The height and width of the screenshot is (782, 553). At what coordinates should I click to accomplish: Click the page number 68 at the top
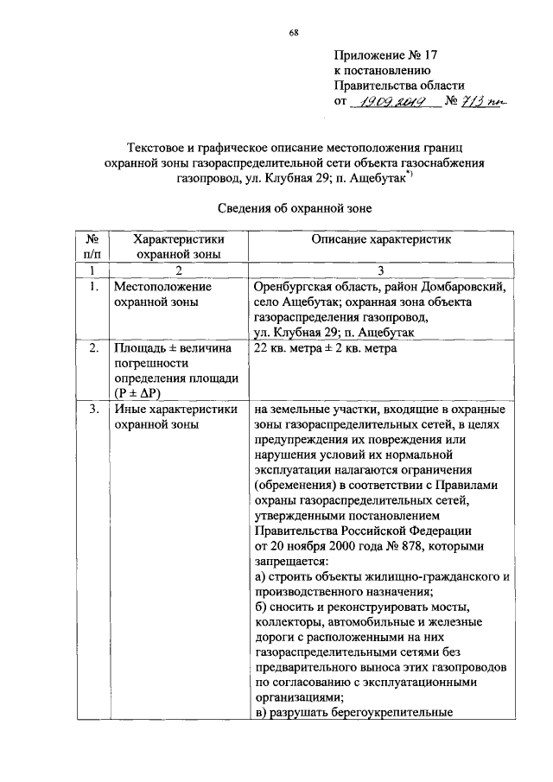tap(294, 33)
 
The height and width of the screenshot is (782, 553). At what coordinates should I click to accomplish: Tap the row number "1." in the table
tap(93, 286)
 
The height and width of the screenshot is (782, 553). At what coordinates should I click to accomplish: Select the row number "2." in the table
tap(93, 348)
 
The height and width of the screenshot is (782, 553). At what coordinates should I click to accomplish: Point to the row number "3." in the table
tap(93, 410)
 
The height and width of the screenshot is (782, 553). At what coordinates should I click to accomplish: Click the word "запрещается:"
tap(292, 561)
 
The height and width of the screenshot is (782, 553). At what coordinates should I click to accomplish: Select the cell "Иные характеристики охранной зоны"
tap(175, 417)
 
